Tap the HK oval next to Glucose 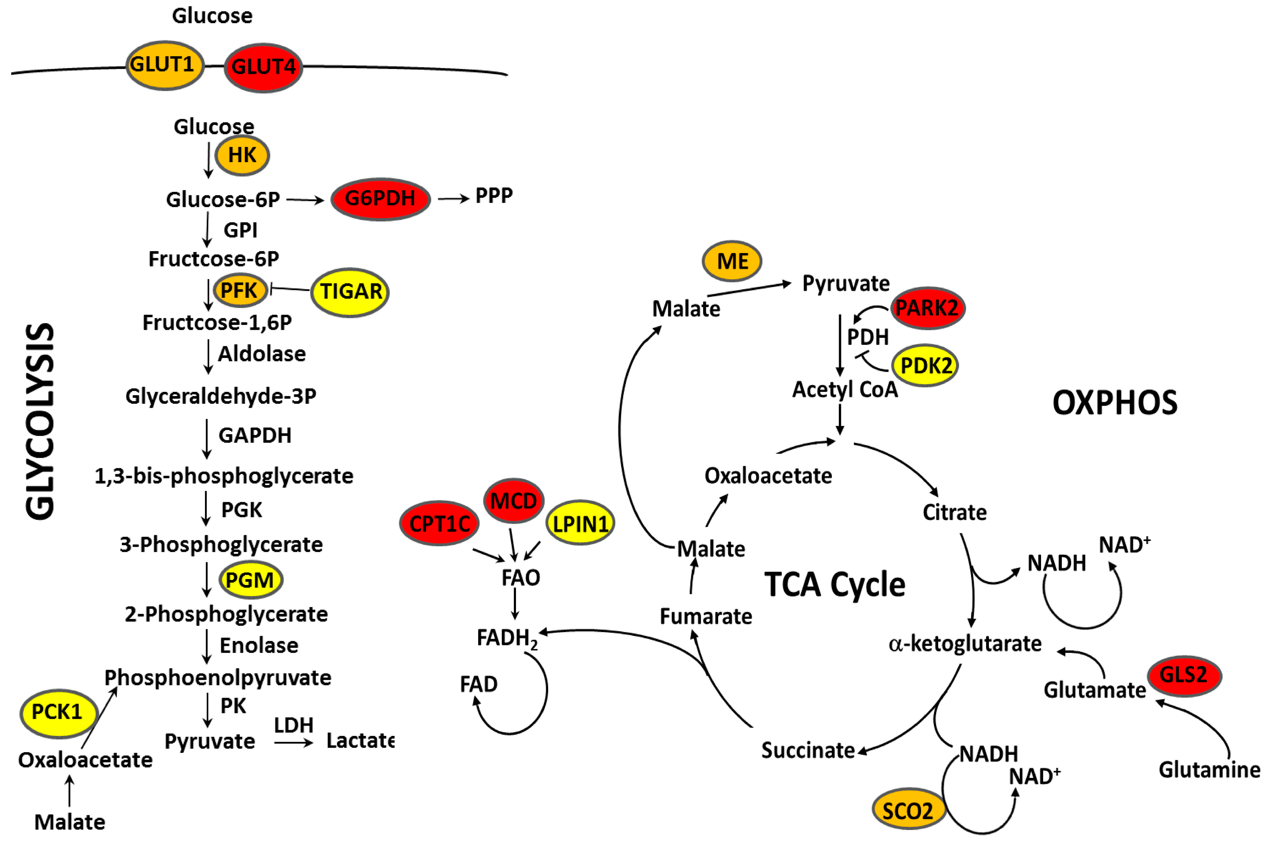click(x=242, y=155)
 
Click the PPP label click(x=494, y=196)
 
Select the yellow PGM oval click(x=250, y=580)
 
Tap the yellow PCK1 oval click(x=58, y=713)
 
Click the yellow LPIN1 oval click(x=580, y=523)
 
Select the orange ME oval click(x=732, y=261)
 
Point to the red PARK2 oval click(x=927, y=308)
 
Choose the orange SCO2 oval click(x=908, y=810)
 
